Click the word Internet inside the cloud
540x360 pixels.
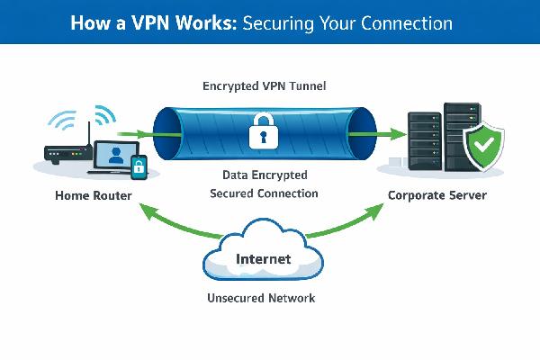pos(263,259)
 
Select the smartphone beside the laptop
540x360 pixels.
pos(139,166)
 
